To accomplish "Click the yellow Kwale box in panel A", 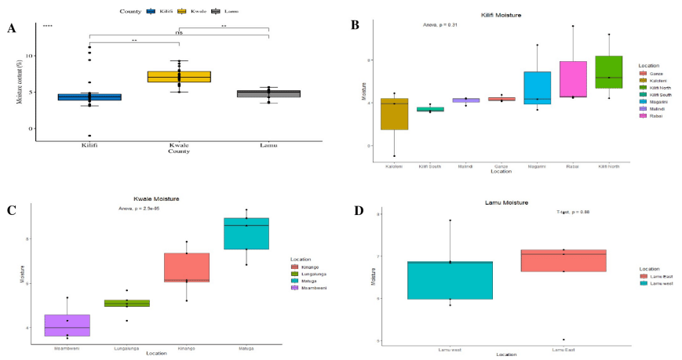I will [179, 76].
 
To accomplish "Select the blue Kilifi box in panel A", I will [89, 96].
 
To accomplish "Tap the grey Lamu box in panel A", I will [268, 93].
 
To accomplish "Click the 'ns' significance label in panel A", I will [179, 34].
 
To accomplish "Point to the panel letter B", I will [354, 25].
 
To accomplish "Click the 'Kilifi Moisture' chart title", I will [501, 15].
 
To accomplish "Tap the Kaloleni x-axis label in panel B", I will [395, 167].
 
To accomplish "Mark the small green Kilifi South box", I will [430, 109].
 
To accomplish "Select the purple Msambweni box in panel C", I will [67, 325].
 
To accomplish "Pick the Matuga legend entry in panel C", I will [308, 280].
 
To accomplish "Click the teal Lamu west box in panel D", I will [450, 280].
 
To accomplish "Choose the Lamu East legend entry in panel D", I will [657, 275].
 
